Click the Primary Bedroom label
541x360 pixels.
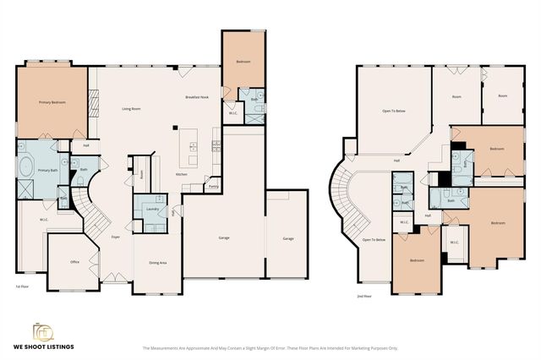[x=52, y=102]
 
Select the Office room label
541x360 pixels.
[x=74, y=263]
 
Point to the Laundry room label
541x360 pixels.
[x=153, y=208]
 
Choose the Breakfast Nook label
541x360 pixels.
[x=197, y=98]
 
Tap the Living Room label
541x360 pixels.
[x=130, y=109]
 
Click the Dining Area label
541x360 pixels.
[x=157, y=263]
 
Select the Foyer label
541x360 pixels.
[x=115, y=237]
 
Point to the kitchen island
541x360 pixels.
[x=193, y=150]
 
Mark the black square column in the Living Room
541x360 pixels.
[x=175, y=128]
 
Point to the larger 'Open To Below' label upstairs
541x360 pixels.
[x=391, y=110]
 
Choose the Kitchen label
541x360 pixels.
[x=181, y=174]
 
